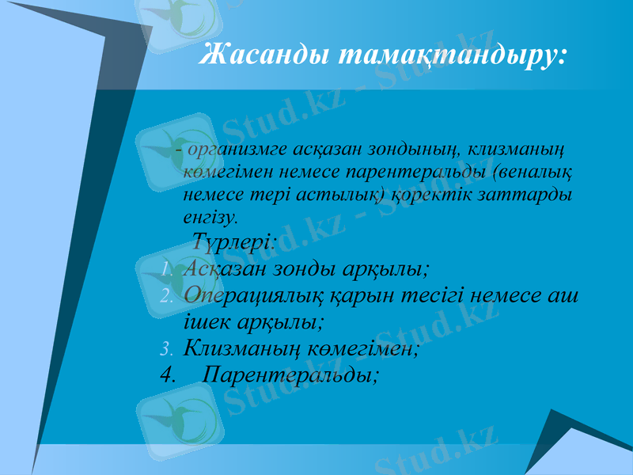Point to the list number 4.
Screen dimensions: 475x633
click(166, 374)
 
